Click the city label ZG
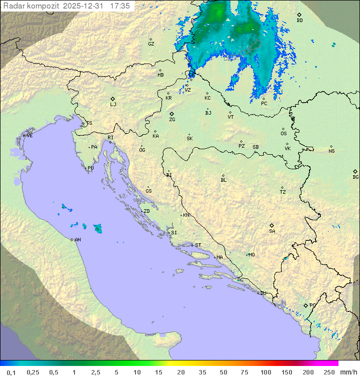(172, 120)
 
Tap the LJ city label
(113, 105)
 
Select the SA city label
(272, 231)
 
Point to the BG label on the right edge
(355, 177)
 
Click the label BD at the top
(299, 21)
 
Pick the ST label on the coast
(198, 245)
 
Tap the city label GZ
(151, 44)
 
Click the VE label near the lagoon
(29, 136)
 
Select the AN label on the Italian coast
(77, 240)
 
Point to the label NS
(331, 151)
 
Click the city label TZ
(283, 192)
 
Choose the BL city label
(223, 180)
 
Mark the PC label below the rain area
(264, 104)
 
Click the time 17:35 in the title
(120, 6)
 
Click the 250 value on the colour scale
(328, 372)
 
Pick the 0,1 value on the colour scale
(11, 372)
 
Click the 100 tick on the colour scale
(265, 372)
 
